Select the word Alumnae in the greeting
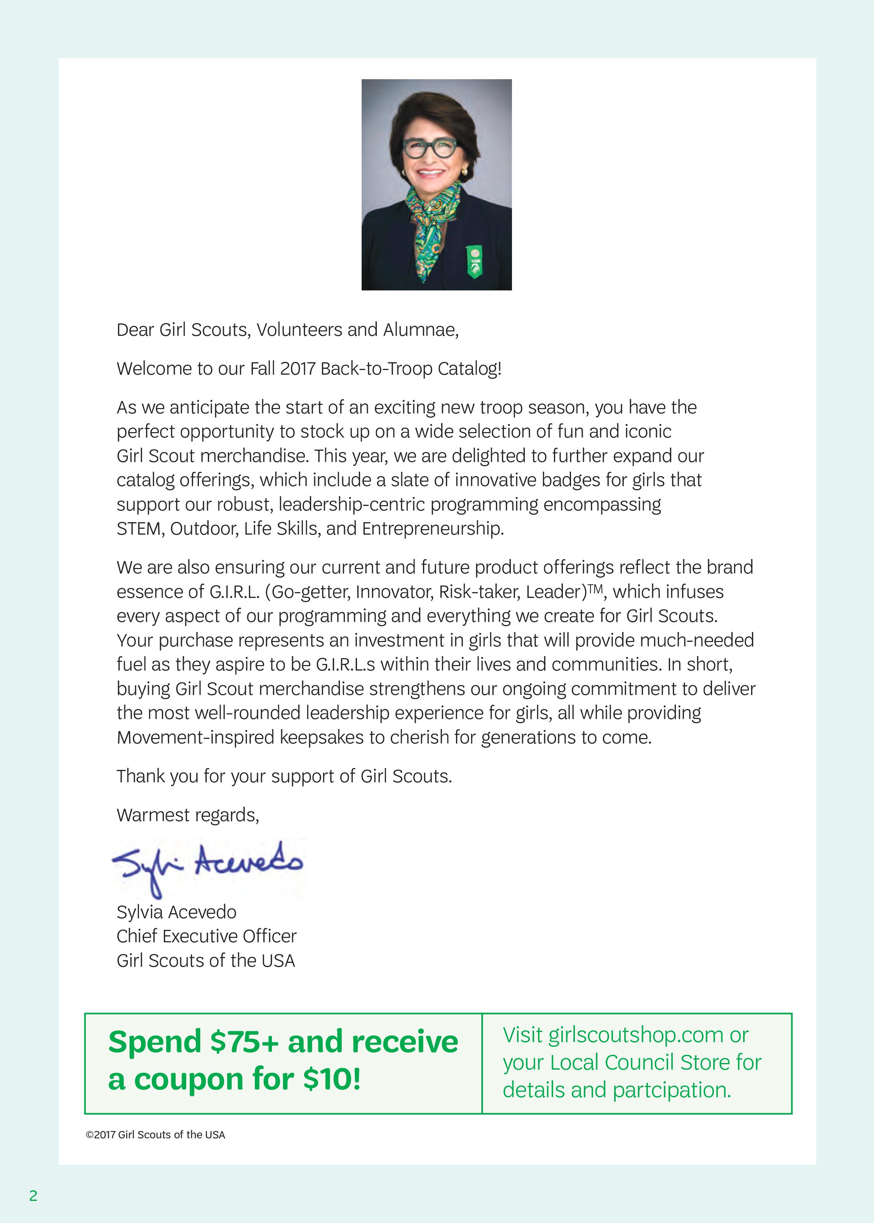420,330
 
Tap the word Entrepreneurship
432,529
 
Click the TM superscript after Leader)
595,588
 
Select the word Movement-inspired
195,737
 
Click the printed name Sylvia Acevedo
176,912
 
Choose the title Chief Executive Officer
207,936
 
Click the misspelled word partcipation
671,1090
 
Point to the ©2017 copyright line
155,1135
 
